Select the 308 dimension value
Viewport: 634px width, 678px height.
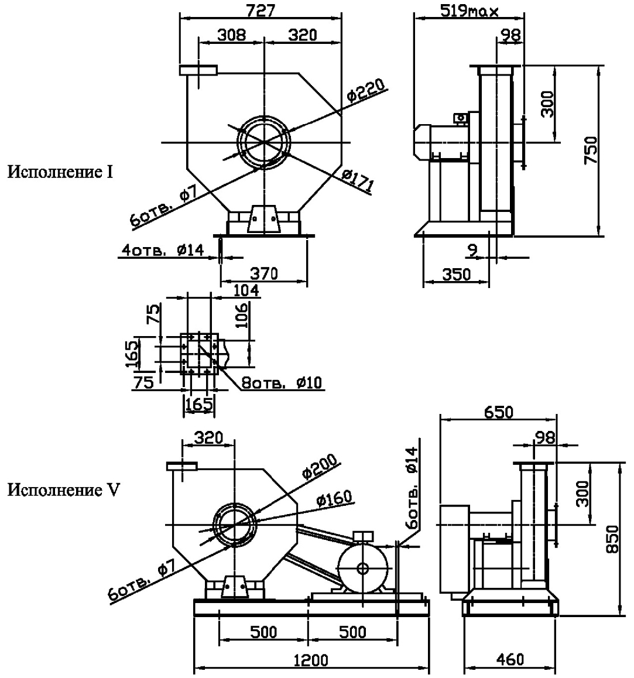click(x=232, y=35)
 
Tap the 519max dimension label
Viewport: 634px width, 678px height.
click(x=474, y=11)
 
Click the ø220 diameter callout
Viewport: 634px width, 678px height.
click(x=365, y=93)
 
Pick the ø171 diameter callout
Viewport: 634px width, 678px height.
click(x=358, y=182)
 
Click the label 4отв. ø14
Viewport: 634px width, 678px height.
click(x=162, y=250)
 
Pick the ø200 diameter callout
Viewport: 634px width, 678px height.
click(x=321, y=468)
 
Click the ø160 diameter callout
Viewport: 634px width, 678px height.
click(x=334, y=499)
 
